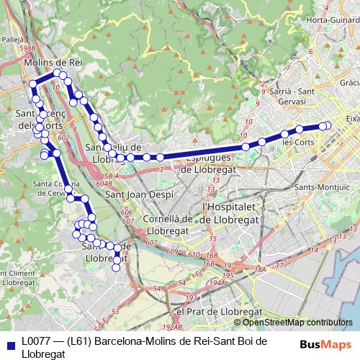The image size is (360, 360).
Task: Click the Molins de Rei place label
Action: tap(53, 63)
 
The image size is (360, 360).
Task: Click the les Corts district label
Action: tap(298, 143)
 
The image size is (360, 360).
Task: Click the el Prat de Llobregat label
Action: tap(219, 311)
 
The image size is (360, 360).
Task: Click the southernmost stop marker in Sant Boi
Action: tap(117, 267)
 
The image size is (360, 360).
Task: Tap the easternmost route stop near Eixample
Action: tap(327, 125)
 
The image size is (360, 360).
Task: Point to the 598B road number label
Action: tap(28, 49)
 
